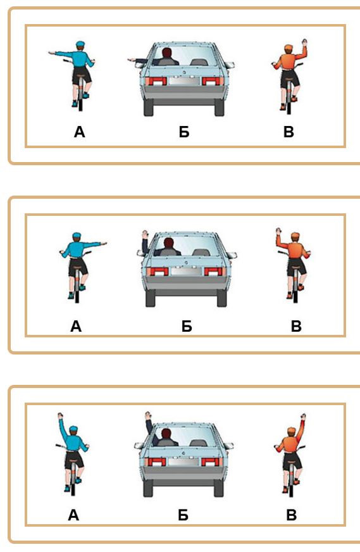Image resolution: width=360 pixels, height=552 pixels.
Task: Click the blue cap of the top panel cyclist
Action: [80, 45]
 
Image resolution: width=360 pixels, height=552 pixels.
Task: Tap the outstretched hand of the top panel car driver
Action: [131, 60]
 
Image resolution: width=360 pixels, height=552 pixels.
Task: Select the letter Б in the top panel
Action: [184, 132]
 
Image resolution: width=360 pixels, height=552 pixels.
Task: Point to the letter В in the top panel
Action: [289, 132]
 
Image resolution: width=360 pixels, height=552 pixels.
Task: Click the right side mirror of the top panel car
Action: [230, 65]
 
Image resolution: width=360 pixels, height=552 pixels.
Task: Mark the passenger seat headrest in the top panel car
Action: [198, 61]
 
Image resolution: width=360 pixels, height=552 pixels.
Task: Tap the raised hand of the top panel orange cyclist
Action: [304, 42]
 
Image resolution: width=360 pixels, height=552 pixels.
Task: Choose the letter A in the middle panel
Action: [76, 327]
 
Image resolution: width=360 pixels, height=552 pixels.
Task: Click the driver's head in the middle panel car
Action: [169, 243]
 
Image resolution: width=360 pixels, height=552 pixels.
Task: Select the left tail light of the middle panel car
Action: [158, 272]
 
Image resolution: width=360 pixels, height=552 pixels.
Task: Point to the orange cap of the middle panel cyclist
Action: [295, 236]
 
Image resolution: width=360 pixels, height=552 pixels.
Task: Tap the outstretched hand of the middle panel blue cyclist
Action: [104, 243]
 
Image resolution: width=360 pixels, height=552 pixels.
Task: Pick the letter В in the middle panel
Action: [296, 327]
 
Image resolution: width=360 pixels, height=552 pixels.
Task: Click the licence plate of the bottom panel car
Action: [182, 461]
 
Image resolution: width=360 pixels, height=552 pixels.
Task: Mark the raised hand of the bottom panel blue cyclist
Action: [61, 416]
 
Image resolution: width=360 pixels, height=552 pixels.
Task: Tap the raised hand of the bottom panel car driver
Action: [149, 415]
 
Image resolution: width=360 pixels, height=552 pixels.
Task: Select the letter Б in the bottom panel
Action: [183, 515]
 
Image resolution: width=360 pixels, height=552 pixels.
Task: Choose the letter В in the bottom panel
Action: [292, 515]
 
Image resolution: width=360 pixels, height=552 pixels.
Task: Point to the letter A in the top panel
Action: [80, 132]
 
